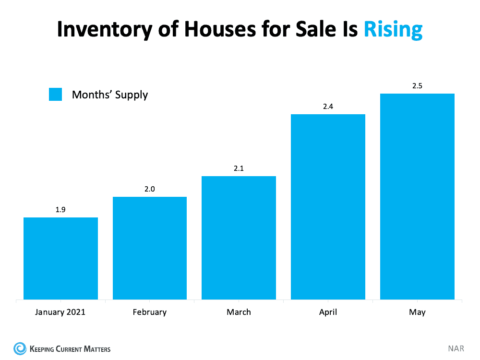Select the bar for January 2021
pos(60,259)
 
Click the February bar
pos(150,248)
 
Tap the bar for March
pos(239,238)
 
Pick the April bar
pos(328,207)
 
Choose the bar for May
pos(417,197)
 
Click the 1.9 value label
pos(60,210)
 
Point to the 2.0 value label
pos(150,189)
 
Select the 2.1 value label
pos(239,168)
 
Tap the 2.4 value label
pos(328,107)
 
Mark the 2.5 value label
pos(417,86)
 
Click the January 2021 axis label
pos(60,312)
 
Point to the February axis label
pos(150,312)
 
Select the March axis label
pos(239,312)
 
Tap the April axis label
pos(328,312)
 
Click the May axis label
pos(417,312)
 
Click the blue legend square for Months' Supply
pos(56,95)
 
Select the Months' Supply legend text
pos(110,95)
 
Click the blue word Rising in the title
pos(393,29)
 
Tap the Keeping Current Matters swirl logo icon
pos(20,348)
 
